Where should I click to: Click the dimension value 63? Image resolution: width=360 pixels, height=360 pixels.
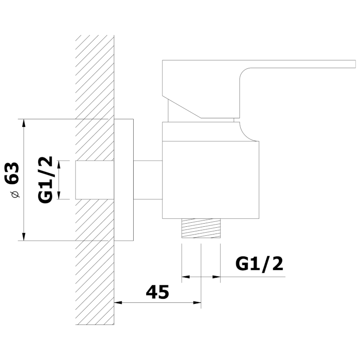[x=13, y=172]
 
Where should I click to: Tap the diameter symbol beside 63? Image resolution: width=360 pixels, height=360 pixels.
[x=14, y=195]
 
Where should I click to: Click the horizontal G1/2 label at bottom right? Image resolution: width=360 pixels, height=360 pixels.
[x=259, y=264]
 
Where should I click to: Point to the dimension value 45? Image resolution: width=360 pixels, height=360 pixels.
[x=157, y=292]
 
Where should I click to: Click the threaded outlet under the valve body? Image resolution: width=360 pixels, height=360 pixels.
[x=201, y=229]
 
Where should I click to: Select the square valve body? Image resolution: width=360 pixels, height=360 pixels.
[x=211, y=180]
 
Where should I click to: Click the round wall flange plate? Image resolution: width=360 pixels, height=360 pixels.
[x=124, y=180]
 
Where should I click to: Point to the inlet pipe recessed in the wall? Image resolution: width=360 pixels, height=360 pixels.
[x=94, y=180]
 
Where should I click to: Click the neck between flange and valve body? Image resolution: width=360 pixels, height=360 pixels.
[x=148, y=180]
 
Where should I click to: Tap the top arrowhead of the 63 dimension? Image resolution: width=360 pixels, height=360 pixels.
[x=24, y=123]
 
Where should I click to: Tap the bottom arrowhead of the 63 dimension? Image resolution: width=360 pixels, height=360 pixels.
[x=24, y=237]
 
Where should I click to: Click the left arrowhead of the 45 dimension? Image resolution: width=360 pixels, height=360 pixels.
[x=118, y=302]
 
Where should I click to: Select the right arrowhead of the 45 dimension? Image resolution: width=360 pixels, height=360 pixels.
[x=197, y=302]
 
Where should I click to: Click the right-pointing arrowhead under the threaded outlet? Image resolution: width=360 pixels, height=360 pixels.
[x=216, y=277]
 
